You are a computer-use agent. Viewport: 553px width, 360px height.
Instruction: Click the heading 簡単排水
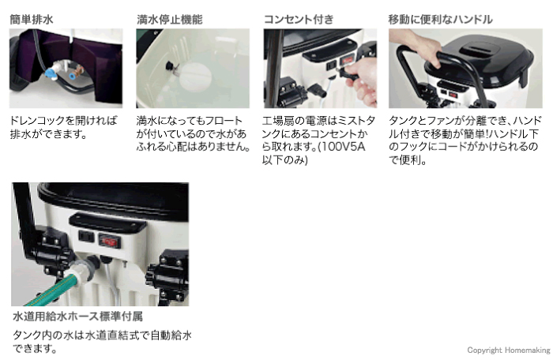click(32, 20)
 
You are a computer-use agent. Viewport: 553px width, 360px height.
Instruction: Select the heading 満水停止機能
click(170, 20)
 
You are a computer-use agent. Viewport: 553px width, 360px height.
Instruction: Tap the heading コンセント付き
click(299, 20)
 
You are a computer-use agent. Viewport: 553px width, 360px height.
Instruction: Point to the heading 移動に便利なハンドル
click(440, 20)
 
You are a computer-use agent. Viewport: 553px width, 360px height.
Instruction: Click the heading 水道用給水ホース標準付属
click(77, 317)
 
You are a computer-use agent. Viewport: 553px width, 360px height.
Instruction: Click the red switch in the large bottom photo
click(109, 241)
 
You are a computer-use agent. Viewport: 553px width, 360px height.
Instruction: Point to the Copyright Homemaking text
click(509, 350)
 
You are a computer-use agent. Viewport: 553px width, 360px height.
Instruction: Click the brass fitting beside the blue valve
click(76, 73)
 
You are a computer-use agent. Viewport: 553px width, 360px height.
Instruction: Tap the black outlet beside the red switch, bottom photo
click(86, 236)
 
